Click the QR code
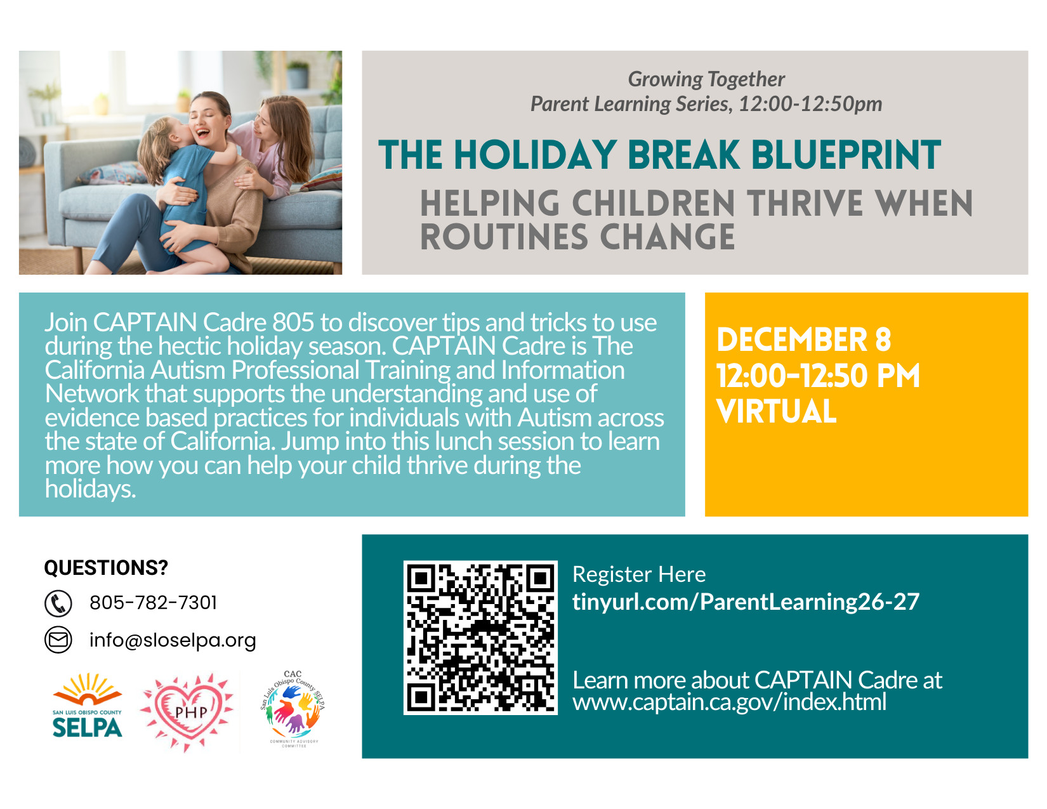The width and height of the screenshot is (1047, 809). (480, 637)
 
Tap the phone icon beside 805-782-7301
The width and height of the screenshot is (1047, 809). (58, 603)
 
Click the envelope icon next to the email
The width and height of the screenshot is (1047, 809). (58, 640)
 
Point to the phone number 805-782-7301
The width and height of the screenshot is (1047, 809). (153, 603)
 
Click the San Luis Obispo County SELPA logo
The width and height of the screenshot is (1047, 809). (87, 706)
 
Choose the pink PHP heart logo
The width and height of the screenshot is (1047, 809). (187, 712)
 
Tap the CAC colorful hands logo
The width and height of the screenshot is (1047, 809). (293, 709)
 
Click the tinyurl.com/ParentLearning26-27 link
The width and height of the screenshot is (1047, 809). (746, 602)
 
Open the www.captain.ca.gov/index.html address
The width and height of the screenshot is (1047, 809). (730, 702)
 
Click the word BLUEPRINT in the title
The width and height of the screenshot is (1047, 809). (846, 155)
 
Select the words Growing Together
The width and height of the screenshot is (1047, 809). (706, 79)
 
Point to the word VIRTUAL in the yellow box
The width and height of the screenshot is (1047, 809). (776, 412)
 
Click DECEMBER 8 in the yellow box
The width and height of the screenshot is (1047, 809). (804, 339)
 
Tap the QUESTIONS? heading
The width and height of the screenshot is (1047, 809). (106, 568)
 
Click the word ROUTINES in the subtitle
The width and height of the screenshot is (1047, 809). (504, 237)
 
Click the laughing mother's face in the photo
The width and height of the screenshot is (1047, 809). (207, 121)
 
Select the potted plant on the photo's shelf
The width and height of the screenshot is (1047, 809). (298, 74)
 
